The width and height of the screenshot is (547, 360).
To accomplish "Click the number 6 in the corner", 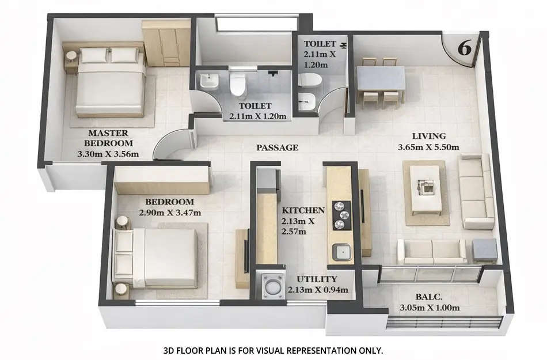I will pos(464,48).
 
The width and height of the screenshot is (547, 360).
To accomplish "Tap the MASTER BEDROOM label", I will pos(108,138).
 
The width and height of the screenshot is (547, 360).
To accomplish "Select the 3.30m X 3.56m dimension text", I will pos(108,154).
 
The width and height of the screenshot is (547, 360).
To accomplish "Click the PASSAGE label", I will pos(278,147).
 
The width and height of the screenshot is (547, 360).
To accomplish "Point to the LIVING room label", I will pos(429,137).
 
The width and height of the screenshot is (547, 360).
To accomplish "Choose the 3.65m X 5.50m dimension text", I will pos(428,147).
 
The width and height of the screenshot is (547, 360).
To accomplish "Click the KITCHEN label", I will pos(303,210).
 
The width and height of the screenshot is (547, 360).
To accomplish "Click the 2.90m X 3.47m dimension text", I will pos(169,213).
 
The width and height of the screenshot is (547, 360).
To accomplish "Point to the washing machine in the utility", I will pos(270,284).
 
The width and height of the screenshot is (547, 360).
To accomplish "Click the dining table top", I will pos(381,79).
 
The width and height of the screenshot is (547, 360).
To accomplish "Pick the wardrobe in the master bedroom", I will pos(166,43).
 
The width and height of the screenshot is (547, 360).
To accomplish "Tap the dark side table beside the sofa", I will pos(485,251).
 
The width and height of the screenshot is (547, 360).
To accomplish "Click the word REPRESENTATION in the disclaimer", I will pos(326,350).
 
